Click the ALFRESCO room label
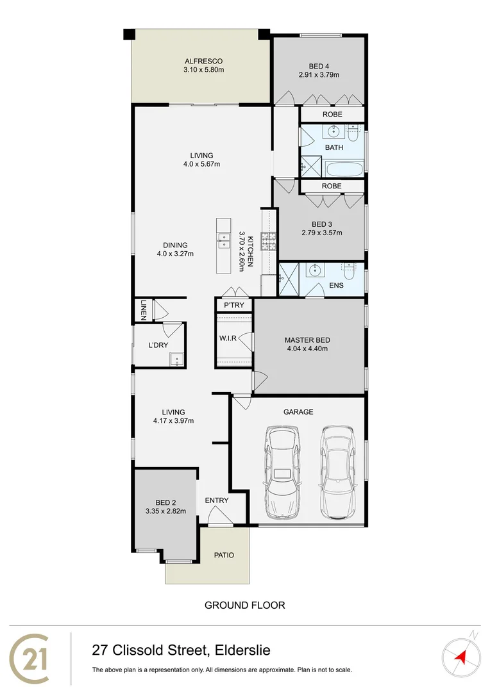point(201,62)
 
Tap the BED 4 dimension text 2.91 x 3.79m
point(318,75)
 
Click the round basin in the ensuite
point(315,270)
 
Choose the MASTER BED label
point(306,340)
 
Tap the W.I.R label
point(228,338)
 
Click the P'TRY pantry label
point(233,305)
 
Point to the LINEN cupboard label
point(144,310)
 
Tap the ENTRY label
point(216,500)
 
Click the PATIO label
point(224,555)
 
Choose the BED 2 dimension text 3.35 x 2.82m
point(165,511)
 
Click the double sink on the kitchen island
point(224,241)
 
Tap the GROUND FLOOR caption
point(244,605)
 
